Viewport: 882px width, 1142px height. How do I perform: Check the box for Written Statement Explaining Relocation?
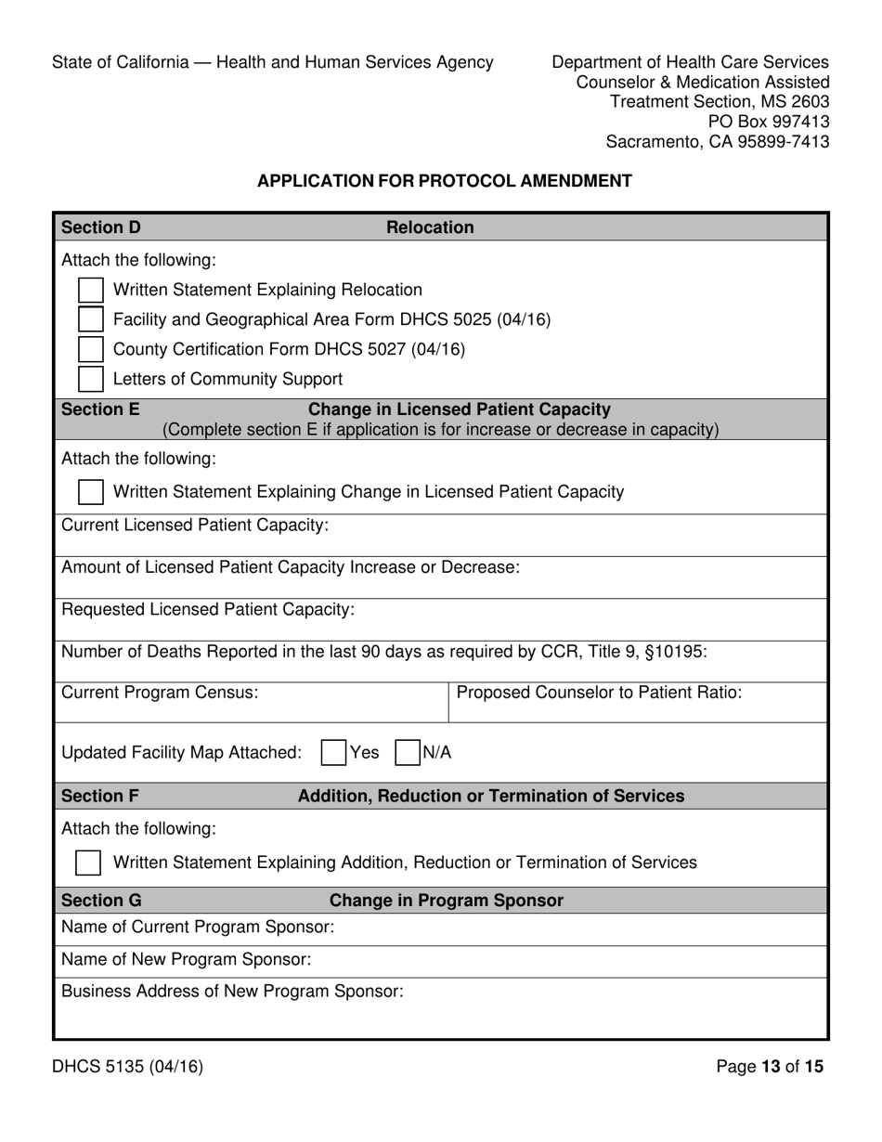coord(90,290)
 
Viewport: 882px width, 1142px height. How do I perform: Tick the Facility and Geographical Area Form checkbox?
coord(90,319)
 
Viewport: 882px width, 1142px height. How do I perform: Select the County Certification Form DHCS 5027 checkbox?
coord(90,349)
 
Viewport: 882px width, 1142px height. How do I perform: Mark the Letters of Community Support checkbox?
coord(90,379)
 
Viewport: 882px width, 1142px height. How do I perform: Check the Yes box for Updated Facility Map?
coord(333,752)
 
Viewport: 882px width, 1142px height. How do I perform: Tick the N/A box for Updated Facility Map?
coord(407,752)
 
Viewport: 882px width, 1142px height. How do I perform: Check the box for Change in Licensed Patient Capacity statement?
coord(90,491)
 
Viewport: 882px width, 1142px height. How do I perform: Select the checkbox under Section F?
coord(87,863)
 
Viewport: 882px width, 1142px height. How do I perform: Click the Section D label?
coord(101,227)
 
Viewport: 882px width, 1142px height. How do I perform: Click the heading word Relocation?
coord(429,227)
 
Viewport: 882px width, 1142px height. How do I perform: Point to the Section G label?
coord(101,901)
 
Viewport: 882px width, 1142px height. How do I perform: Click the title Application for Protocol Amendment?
coord(444,181)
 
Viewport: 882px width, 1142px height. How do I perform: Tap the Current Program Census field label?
coord(160,692)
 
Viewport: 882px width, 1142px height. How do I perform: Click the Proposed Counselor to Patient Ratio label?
coord(599,692)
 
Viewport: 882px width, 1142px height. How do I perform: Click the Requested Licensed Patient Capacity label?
coord(208,609)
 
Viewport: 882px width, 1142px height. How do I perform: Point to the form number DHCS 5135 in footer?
coord(127,1067)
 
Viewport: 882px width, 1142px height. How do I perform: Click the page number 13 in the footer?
coord(771,1067)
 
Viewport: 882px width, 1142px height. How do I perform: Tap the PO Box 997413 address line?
coord(769,122)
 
